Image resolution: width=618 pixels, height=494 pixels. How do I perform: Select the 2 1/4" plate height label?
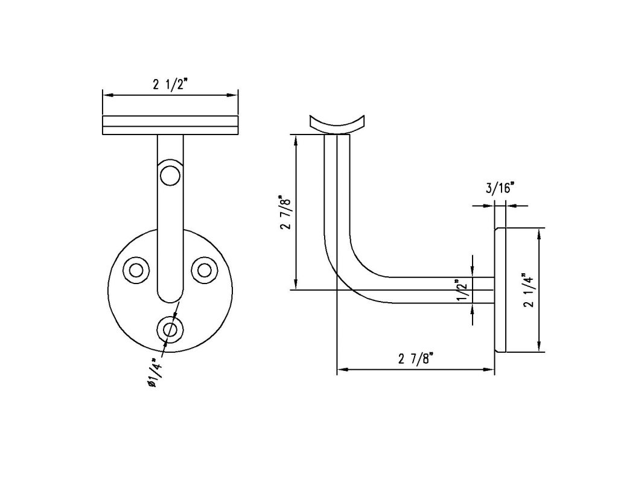(x=529, y=290)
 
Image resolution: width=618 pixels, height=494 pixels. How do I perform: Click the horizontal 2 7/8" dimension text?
(x=416, y=359)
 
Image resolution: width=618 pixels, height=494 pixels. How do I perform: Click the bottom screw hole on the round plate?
(x=170, y=329)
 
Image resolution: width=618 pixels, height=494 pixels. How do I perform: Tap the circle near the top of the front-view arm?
(x=170, y=176)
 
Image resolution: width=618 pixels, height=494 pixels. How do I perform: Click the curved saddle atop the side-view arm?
(x=337, y=124)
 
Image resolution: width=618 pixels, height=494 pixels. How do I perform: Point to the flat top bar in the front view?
(x=170, y=125)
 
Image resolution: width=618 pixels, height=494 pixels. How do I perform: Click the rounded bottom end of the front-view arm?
(x=170, y=296)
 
